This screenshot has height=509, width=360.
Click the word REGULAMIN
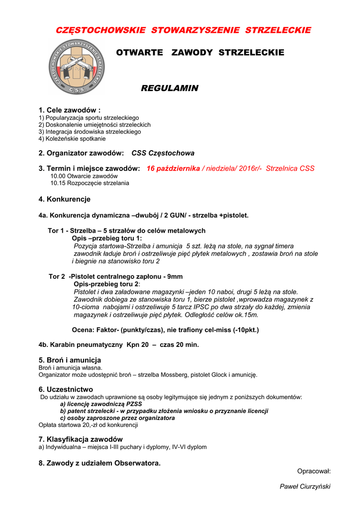170,88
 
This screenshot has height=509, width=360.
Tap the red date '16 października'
173,169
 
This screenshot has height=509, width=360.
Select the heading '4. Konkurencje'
65,199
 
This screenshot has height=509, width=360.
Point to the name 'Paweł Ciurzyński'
305,487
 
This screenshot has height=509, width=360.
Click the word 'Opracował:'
314,471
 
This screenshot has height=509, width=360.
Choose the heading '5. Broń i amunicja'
70,360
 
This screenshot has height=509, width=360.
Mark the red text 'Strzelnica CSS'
290,169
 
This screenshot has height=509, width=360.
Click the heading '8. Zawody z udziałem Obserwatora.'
99,463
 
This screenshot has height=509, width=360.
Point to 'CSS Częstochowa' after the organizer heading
163,153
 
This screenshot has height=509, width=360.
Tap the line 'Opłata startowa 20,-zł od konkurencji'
88,425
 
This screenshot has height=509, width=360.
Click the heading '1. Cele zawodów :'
70,110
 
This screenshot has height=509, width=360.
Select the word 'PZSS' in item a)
134,404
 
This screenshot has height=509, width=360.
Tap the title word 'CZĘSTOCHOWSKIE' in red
100,30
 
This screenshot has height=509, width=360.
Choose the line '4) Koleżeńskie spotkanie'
72,139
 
